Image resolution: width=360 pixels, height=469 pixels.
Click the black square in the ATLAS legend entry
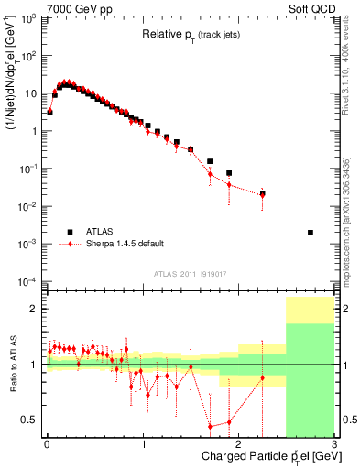point(68,231)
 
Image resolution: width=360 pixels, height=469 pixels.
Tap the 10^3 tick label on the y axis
point(29,18)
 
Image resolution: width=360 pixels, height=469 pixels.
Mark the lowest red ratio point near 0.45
point(210,426)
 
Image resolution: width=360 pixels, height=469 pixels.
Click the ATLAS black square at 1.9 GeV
point(229,173)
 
